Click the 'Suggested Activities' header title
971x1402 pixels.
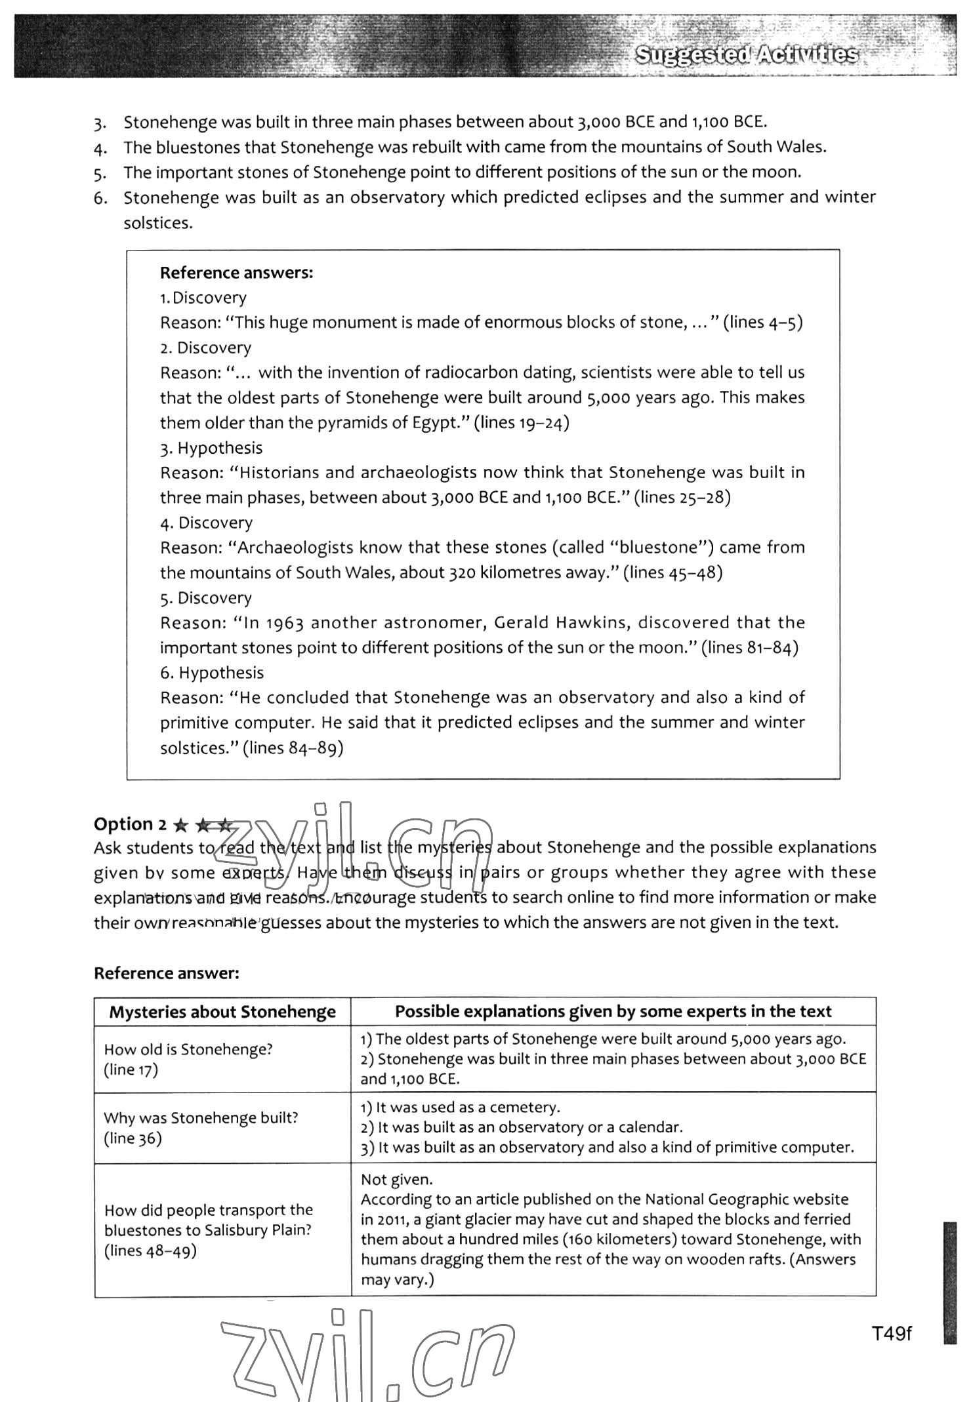747,55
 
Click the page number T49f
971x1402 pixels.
892,1333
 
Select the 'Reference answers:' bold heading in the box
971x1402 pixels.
236,273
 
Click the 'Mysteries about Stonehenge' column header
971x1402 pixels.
222,1012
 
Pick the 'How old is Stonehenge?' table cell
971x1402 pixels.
188,1049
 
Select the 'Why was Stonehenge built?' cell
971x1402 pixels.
201,1117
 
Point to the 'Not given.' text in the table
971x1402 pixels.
396,1179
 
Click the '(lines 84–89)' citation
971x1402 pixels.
293,748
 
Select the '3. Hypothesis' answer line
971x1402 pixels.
211,448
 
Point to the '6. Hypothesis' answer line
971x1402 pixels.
212,673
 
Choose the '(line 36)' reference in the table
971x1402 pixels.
133,1138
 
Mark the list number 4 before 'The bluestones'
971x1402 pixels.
100,148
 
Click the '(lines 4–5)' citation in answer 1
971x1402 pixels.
762,323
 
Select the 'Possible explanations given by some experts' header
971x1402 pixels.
613,1011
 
